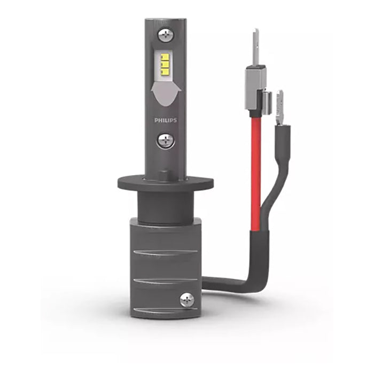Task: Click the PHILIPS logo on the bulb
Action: pyautogui.click(x=166, y=120)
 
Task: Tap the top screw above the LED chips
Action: pyautogui.click(x=166, y=35)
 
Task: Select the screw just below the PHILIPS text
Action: pyautogui.click(x=166, y=140)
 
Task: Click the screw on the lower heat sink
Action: pyautogui.click(x=187, y=300)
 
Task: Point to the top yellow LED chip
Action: pyautogui.click(x=165, y=58)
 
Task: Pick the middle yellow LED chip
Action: pyautogui.click(x=165, y=64)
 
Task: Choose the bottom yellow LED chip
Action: pyautogui.click(x=165, y=71)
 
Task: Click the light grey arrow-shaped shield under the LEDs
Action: pyautogui.click(x=166, y=93)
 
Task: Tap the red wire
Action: pyautogui.click(x=256, y=174)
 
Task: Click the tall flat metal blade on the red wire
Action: pyautogui.click(x=256, y=47)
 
